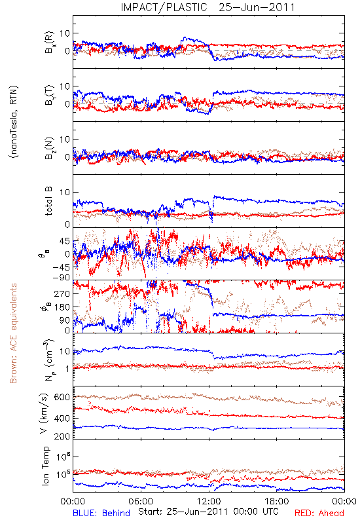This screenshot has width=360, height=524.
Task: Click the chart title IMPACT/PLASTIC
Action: point(164,7)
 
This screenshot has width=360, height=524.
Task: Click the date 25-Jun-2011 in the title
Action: point(257,7)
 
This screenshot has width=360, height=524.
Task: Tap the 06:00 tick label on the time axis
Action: point(141,501)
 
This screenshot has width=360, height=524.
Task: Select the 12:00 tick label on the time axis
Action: point(209,501)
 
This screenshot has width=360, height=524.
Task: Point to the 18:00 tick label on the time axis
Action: point(277,501)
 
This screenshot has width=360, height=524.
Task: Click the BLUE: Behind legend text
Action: point(101,513)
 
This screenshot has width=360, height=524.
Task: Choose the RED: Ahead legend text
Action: point(319,513)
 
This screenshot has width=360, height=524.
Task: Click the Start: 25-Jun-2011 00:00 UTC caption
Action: point(208,512)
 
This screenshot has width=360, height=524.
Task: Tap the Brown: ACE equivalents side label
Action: point(13,333)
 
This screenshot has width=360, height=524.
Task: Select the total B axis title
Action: point(48,201)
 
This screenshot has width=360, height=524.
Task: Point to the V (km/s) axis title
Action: point(45,413)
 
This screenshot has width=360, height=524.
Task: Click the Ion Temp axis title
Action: point(45,466)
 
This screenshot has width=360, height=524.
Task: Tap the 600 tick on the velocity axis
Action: point(62,397)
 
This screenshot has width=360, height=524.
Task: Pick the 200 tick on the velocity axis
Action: point(62,436)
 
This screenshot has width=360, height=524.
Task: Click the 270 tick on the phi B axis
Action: point(62,293)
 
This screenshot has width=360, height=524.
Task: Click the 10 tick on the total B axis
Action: point(65,193)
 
